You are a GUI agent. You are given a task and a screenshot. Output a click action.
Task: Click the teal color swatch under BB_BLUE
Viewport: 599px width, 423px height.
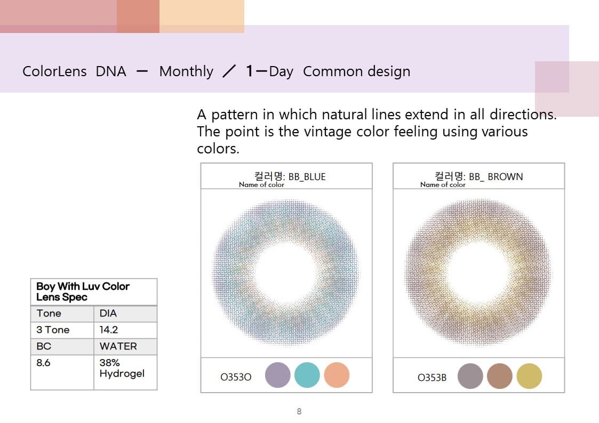click(x=307, y=376)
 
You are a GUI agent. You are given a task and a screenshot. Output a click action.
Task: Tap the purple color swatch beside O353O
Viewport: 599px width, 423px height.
click(x=278, y=375)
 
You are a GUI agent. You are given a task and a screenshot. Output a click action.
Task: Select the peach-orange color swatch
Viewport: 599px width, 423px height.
click(x=337, y=375)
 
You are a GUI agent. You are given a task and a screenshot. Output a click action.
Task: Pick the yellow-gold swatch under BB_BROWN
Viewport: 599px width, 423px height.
click(x=529, y=376)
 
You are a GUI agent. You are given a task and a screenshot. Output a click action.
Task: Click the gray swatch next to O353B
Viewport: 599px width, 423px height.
click(x=470, y=376)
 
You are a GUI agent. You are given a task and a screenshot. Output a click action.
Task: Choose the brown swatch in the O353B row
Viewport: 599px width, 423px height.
click(x=500, y=376)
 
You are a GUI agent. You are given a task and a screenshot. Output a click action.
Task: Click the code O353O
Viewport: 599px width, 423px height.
click(x=236, y=377)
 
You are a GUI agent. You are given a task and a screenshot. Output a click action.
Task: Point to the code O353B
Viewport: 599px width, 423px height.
click(x=432, y=378)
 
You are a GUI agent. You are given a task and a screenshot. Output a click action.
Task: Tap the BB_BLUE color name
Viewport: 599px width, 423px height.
click(x=307, y=176)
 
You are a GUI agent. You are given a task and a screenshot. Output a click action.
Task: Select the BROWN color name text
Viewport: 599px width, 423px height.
click(x=505, y=176)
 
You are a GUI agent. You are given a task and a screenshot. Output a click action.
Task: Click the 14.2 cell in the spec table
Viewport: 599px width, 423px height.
click(x=125, y=330)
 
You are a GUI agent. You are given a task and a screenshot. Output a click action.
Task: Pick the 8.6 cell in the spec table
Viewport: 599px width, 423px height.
click(x=62, y=372)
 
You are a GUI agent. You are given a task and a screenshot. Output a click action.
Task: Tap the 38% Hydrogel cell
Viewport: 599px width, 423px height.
click(x=125, y=372)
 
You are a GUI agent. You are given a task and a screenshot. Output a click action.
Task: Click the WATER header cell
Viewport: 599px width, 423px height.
click(x=125, y=346)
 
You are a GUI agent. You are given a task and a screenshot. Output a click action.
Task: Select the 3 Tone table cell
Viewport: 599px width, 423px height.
click(x=62, y=330)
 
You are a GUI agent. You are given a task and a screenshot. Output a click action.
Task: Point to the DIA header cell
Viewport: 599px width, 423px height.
click(x=125, y=314)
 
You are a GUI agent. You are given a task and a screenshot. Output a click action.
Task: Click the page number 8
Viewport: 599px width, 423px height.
click(x=299, y=411)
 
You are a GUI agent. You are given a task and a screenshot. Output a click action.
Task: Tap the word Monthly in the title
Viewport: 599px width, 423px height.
click(x=186, y=71)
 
